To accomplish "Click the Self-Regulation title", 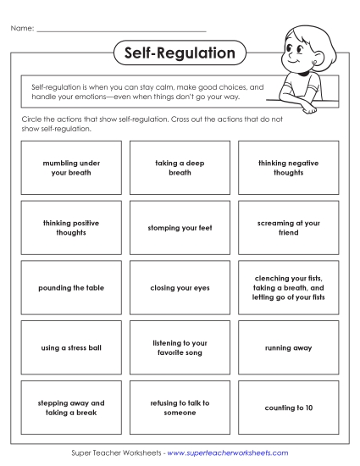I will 180,53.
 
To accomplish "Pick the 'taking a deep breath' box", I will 180,168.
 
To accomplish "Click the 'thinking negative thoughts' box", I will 288,168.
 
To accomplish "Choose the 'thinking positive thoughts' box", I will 71,228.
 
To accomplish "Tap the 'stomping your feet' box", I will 180,228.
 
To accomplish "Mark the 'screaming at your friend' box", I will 288,228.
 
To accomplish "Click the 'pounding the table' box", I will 71,288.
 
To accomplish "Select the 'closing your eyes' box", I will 180,288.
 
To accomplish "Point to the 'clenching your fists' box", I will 288,288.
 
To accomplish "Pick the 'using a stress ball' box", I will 71,347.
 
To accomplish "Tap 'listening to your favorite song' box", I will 180,347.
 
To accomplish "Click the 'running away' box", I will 288,347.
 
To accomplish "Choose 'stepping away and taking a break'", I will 71,408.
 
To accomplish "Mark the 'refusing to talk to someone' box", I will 180,408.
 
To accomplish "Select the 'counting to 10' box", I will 288,408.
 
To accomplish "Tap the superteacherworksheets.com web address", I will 228,453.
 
